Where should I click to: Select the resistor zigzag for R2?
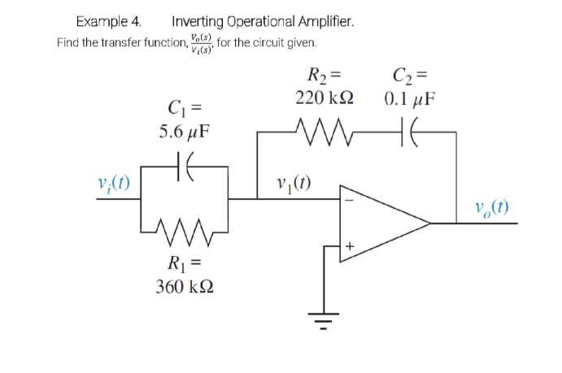pyautogui.click(x=324, y=130)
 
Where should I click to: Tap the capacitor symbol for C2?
pyautogui.click(x=407, y=130)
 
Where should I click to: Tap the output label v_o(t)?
pyautogui.click(x=491, y=206)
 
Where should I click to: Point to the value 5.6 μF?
pyautogui.click(x=184, y=132)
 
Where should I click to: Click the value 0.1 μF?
pyautogui.click(x=409, y=100)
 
